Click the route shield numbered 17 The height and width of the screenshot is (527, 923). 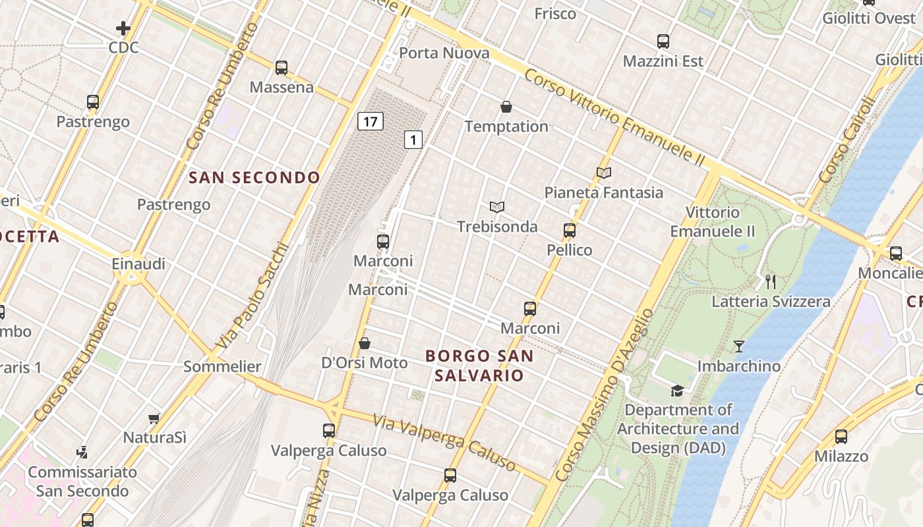click(x=371, y=121)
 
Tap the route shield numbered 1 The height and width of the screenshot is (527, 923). click(x=413, y=140)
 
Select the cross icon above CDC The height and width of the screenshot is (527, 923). click(x=123, y=28)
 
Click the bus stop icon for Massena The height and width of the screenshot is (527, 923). click(x=282, y=67)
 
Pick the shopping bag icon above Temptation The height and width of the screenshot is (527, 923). click(x=506, y=107)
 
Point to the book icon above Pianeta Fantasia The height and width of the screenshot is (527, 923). click(x=604, y=173)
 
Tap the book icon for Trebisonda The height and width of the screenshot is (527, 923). click(x=497, y=207)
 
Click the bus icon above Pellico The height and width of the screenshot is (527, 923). click(x=570, y=231)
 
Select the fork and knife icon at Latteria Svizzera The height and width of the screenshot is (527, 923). click(x=771, y=282)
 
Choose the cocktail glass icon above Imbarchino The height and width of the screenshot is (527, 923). click(x=739, y=346)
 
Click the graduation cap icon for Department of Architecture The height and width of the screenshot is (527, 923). click(x=677, y=391)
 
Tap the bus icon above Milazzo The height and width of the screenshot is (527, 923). click(x=841, y=436)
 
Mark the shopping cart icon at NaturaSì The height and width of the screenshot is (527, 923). click(x=154, y=418)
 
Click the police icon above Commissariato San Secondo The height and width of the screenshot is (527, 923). click(x=82, y=453)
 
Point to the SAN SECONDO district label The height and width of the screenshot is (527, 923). click(x=254, y=177)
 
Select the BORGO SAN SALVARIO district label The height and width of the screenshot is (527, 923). click(x=479, y=366)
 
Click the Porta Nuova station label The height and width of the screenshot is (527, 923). click(x=444, y=53)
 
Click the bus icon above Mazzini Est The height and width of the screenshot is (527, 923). click(x=663, y=41)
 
